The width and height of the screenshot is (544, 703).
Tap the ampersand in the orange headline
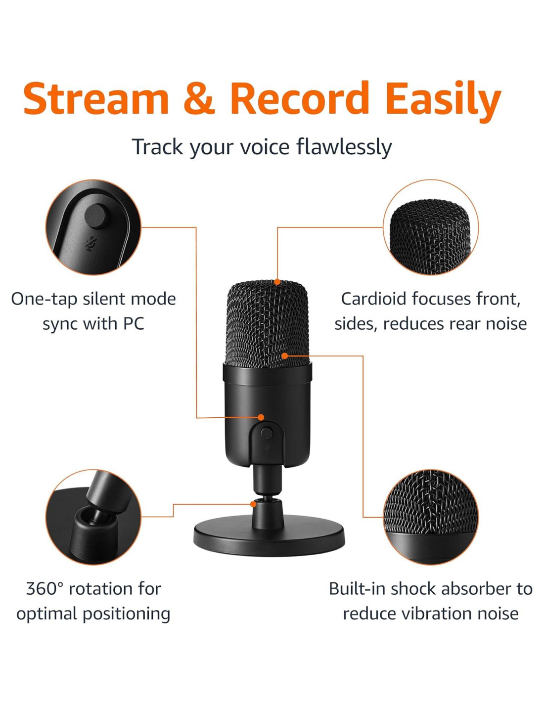199,99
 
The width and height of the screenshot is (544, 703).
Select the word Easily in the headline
443,102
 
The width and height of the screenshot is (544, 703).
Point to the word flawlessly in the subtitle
344,147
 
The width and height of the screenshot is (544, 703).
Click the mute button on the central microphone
266,433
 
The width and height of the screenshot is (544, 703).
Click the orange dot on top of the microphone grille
277,282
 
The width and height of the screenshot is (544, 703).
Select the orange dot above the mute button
261,417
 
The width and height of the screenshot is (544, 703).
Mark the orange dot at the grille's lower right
284,356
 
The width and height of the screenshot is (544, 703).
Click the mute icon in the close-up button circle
91,244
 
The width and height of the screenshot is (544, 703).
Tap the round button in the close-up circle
96,216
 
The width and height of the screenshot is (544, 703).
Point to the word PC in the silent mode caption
133,323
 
